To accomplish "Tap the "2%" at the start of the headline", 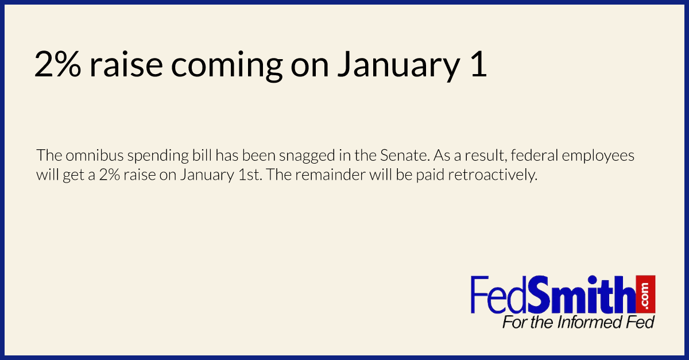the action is pyautogui.click(x=58, y=64).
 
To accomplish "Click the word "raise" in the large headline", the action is pyautogui.click(x=126, y=64).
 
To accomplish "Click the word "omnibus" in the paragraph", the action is pyautogui.click(x=94, y=155).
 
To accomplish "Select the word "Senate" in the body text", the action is pyautogui.click(x=404, y=155).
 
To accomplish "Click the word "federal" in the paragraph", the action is pyautogui.click(x=535, y=155).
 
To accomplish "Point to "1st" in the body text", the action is pyautogui.click(x=250, y=175).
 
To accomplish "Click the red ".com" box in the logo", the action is pyautogui.click(x=645, y=294).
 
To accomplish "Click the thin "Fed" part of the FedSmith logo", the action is pyautogui.click(x=499, y=295).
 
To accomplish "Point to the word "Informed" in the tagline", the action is pyautogui.click(x=587, y=323).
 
